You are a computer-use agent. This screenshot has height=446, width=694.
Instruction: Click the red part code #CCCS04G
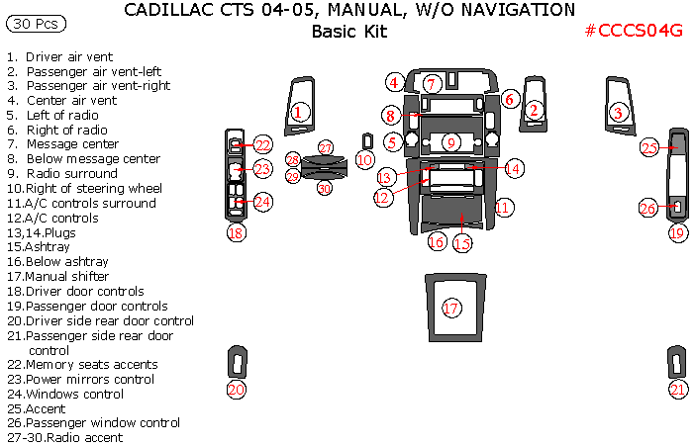[x=634, y=31]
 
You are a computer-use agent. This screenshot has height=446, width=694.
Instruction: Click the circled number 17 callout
[x=451, y=309]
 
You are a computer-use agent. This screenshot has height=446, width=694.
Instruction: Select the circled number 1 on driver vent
[x=298, y=113]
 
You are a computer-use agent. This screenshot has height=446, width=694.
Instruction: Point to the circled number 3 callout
[x=619, y=113]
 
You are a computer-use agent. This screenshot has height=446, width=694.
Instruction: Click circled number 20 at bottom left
[x=236, y=390]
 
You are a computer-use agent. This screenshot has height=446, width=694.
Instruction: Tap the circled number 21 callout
[x=677, y=390]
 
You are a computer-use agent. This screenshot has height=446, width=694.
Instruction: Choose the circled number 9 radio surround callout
[x=451, y=143]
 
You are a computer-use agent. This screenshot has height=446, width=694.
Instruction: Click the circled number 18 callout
[x=236, y=233]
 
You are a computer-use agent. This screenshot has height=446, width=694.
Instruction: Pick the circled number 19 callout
[x=677, y=233]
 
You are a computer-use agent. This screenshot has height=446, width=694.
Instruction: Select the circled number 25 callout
[x=649, y=148]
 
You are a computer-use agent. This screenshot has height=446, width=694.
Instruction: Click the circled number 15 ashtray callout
[x=462, y=242]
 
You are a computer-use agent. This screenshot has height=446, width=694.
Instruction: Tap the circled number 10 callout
[x=364, y=159]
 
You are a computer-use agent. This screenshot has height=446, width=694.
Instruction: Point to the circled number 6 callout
[x=509, y=99]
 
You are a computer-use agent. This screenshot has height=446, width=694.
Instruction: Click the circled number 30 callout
[x=325, y=188]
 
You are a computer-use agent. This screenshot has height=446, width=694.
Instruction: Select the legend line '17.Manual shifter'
[x=57, y=277]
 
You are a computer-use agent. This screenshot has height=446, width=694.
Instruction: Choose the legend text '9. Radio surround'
[x=61, y=174]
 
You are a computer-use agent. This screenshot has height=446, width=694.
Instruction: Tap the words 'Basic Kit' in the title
[x=348, y=31]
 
